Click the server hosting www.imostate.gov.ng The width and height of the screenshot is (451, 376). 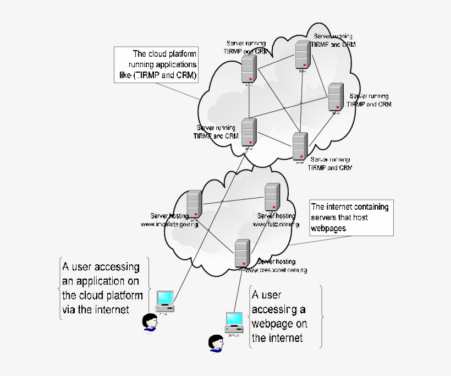195,204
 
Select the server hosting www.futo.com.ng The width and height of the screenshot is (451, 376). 272,197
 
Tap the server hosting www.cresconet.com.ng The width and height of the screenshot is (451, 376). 241,254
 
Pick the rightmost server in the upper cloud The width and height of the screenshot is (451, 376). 335,97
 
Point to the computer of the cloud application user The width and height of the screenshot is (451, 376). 164,299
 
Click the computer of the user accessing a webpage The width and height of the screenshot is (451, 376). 234,321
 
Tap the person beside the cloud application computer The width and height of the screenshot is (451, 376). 148,323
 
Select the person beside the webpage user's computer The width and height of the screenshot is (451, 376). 215,342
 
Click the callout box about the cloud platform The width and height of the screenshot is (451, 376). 156,64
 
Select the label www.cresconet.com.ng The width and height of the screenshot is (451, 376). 275,270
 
